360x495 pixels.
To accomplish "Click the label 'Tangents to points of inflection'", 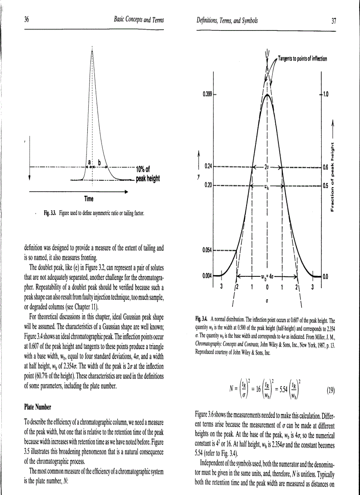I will coord(302,60).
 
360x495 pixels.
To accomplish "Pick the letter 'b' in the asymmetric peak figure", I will coord(99,163).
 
